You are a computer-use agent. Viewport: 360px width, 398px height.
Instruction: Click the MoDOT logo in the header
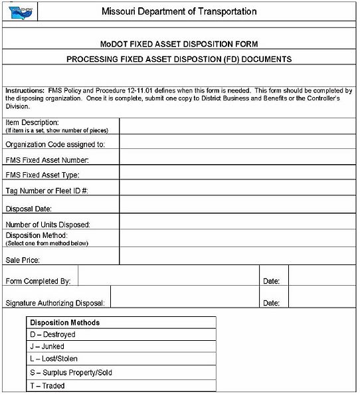coord(20,11)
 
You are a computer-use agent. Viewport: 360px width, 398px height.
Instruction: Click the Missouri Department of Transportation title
coord(179,12)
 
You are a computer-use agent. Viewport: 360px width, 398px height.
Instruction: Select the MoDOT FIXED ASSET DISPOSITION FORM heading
coord(179,44)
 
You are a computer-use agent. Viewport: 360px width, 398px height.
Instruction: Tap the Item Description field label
coord(32,122)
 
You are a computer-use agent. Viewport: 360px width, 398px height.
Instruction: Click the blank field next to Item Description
coord(238,125)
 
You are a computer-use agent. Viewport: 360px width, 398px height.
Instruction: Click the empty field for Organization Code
coord(238,142)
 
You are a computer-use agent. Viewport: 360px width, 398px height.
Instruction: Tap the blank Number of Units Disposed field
coord(238,223)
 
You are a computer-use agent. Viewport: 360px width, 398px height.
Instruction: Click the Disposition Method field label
coord(37,235)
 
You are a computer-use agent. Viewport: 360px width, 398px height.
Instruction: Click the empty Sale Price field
coord(238,256)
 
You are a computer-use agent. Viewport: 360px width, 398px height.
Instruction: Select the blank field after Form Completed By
coord(168,276)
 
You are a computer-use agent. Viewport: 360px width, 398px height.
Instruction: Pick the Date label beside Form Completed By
coord(271,282)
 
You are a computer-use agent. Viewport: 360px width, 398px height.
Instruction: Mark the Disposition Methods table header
coord(65,322)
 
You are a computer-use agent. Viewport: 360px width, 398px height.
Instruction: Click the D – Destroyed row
coord(53,335)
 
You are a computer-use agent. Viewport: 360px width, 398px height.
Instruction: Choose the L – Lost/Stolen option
coord(54,359)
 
